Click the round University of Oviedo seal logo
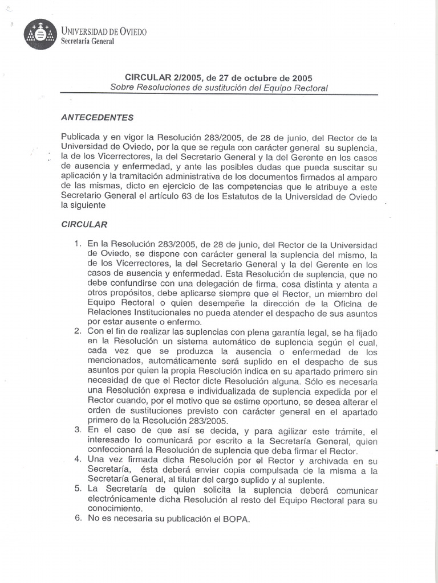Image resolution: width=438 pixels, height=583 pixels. [x=40, y=34]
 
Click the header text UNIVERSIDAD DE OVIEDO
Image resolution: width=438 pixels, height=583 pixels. [x=104, y=31]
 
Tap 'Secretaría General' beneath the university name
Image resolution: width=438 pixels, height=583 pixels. [x=88, y=41]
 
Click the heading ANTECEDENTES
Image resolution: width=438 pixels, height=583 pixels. [x=97, y=117]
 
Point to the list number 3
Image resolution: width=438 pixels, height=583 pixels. [x=78, y=429]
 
